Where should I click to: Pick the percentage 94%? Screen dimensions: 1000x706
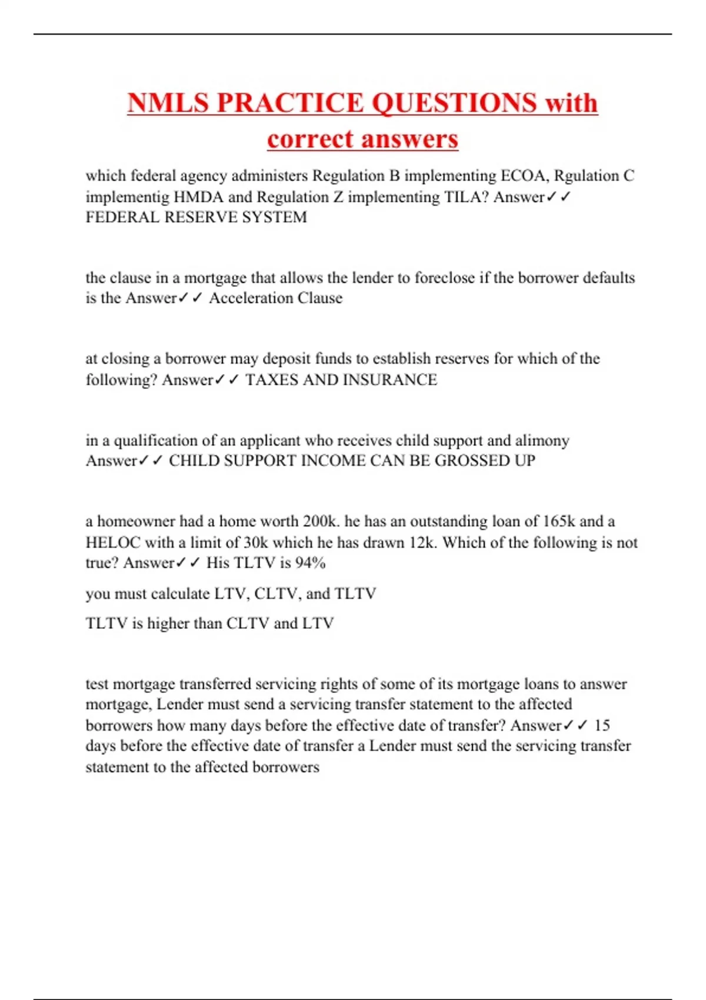pyautogui.click(x=310, y=563)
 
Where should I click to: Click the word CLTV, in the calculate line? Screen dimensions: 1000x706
pyautogui.click(x=277, y=594)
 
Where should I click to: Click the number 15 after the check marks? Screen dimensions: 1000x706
pyautogui.click(x=602, y=725)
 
